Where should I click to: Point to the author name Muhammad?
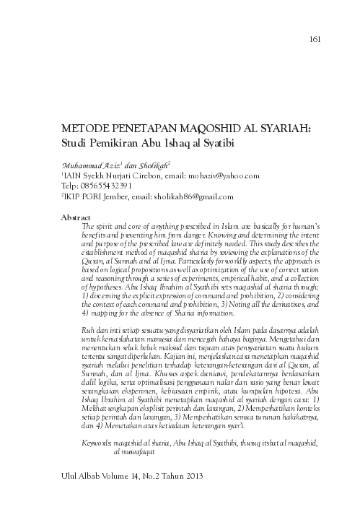tap(84, 165)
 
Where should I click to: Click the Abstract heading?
tap(79, 216)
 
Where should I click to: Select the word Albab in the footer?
tap(92, 477)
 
